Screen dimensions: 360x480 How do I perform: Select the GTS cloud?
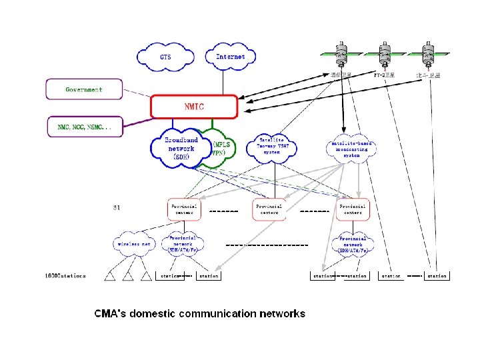pyautogui.click(x=165, y=57)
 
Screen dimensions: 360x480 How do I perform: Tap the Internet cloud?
pyautogui.click(x=231, y=57)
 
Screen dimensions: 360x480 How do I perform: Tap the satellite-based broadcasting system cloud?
pyautogui.click(x=351, y=148)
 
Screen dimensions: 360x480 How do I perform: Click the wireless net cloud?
pyautogui.click(x=135, y=244)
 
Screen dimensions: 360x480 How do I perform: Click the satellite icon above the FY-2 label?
pyautogui.click(x=384, y=54)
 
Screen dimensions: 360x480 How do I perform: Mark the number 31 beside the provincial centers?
pyautogui.click(x=117, y=207)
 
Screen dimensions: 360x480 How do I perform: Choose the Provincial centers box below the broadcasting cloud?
pyautogui.click(x=353, y=209)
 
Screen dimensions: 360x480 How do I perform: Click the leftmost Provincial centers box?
pyautogui.click(x=183, y=209)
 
